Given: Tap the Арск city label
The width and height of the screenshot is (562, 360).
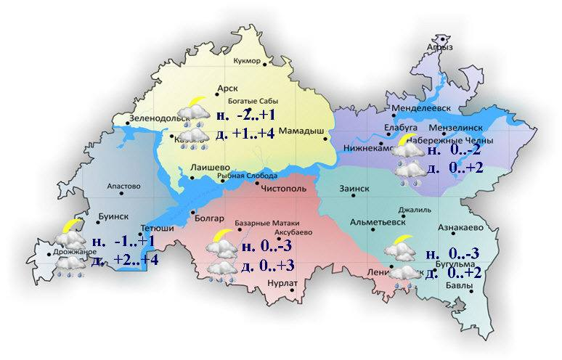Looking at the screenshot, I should click(x=227, y=89).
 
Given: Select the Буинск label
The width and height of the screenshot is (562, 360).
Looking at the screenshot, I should click(x=113, y=216).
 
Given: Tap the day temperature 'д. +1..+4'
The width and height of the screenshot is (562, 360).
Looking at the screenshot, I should click(x=245, y=134).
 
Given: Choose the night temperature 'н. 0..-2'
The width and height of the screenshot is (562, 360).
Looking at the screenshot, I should click(x=454, y=151).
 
